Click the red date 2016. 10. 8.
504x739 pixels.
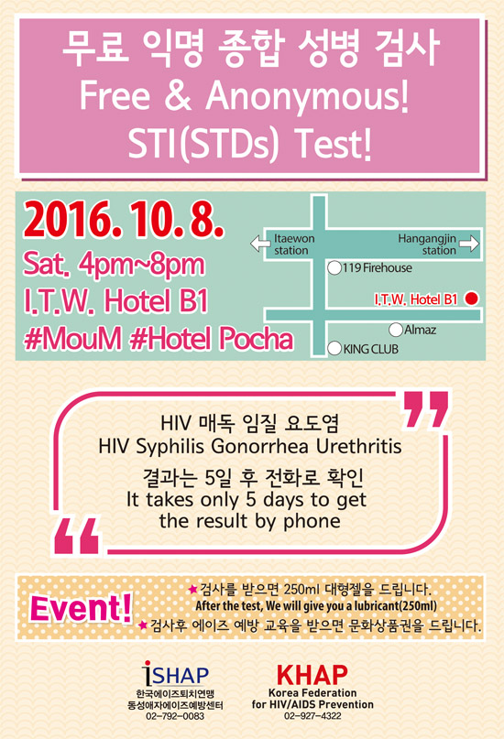click(124, 220)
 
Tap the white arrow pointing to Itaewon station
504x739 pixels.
click(260, 244)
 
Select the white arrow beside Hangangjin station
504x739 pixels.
click(468, 244)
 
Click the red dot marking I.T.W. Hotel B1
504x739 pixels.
click(471, 299)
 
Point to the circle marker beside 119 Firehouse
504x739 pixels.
click(334, 268)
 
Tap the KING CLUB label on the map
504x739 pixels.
click(370, 349)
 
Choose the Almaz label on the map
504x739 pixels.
click(420, 330)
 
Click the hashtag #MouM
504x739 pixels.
click(73, 339)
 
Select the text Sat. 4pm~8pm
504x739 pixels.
click(115, 264)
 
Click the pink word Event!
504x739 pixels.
click(81, 608)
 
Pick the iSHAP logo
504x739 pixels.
click(175, 673)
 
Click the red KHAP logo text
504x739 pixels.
click(312, 675)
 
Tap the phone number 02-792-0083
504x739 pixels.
click(175, 716)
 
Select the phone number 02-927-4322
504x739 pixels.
click(312, 716)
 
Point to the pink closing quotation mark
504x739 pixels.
click(425, 409)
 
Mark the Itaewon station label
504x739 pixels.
click(294, 245)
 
